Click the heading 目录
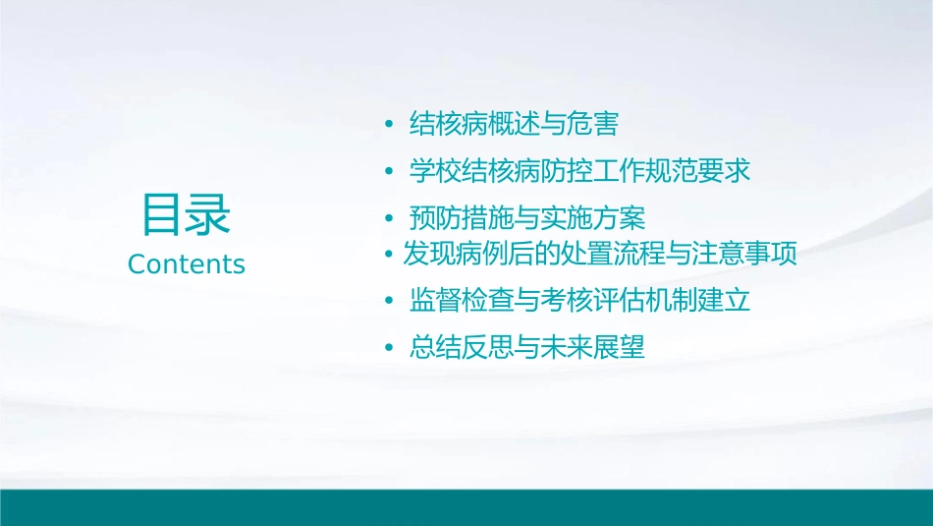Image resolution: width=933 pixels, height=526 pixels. pyautogui.click(x=187, y=215)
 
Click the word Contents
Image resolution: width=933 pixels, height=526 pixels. pyautogui.click(x=187, y=264)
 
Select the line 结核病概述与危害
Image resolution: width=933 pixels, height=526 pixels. pyautogui.click(x=514, y=125)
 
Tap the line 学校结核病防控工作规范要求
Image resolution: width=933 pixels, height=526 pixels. pyautogui.click(x=579, y=171)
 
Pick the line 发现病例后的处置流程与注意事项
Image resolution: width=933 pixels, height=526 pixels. pyautogui.click(x=599, y=255)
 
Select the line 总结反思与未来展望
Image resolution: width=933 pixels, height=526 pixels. pyautogui.click(x=526, y=347)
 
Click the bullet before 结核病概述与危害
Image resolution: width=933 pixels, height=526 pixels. pyautogui.click(x=389, y=126)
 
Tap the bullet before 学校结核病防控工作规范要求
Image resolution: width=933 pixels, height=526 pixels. pyautogui.click(x=389, y=172)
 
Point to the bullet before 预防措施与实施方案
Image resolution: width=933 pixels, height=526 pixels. pyautogui.click(x=389, y=218)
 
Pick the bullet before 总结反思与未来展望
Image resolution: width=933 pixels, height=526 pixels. pyautogui.click(x=389, y=348)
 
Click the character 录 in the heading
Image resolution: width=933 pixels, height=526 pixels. pyautogui.click(x=209, y=215)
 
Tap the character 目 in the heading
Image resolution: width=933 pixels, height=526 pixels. pyautogui.click(x=163, y=215)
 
